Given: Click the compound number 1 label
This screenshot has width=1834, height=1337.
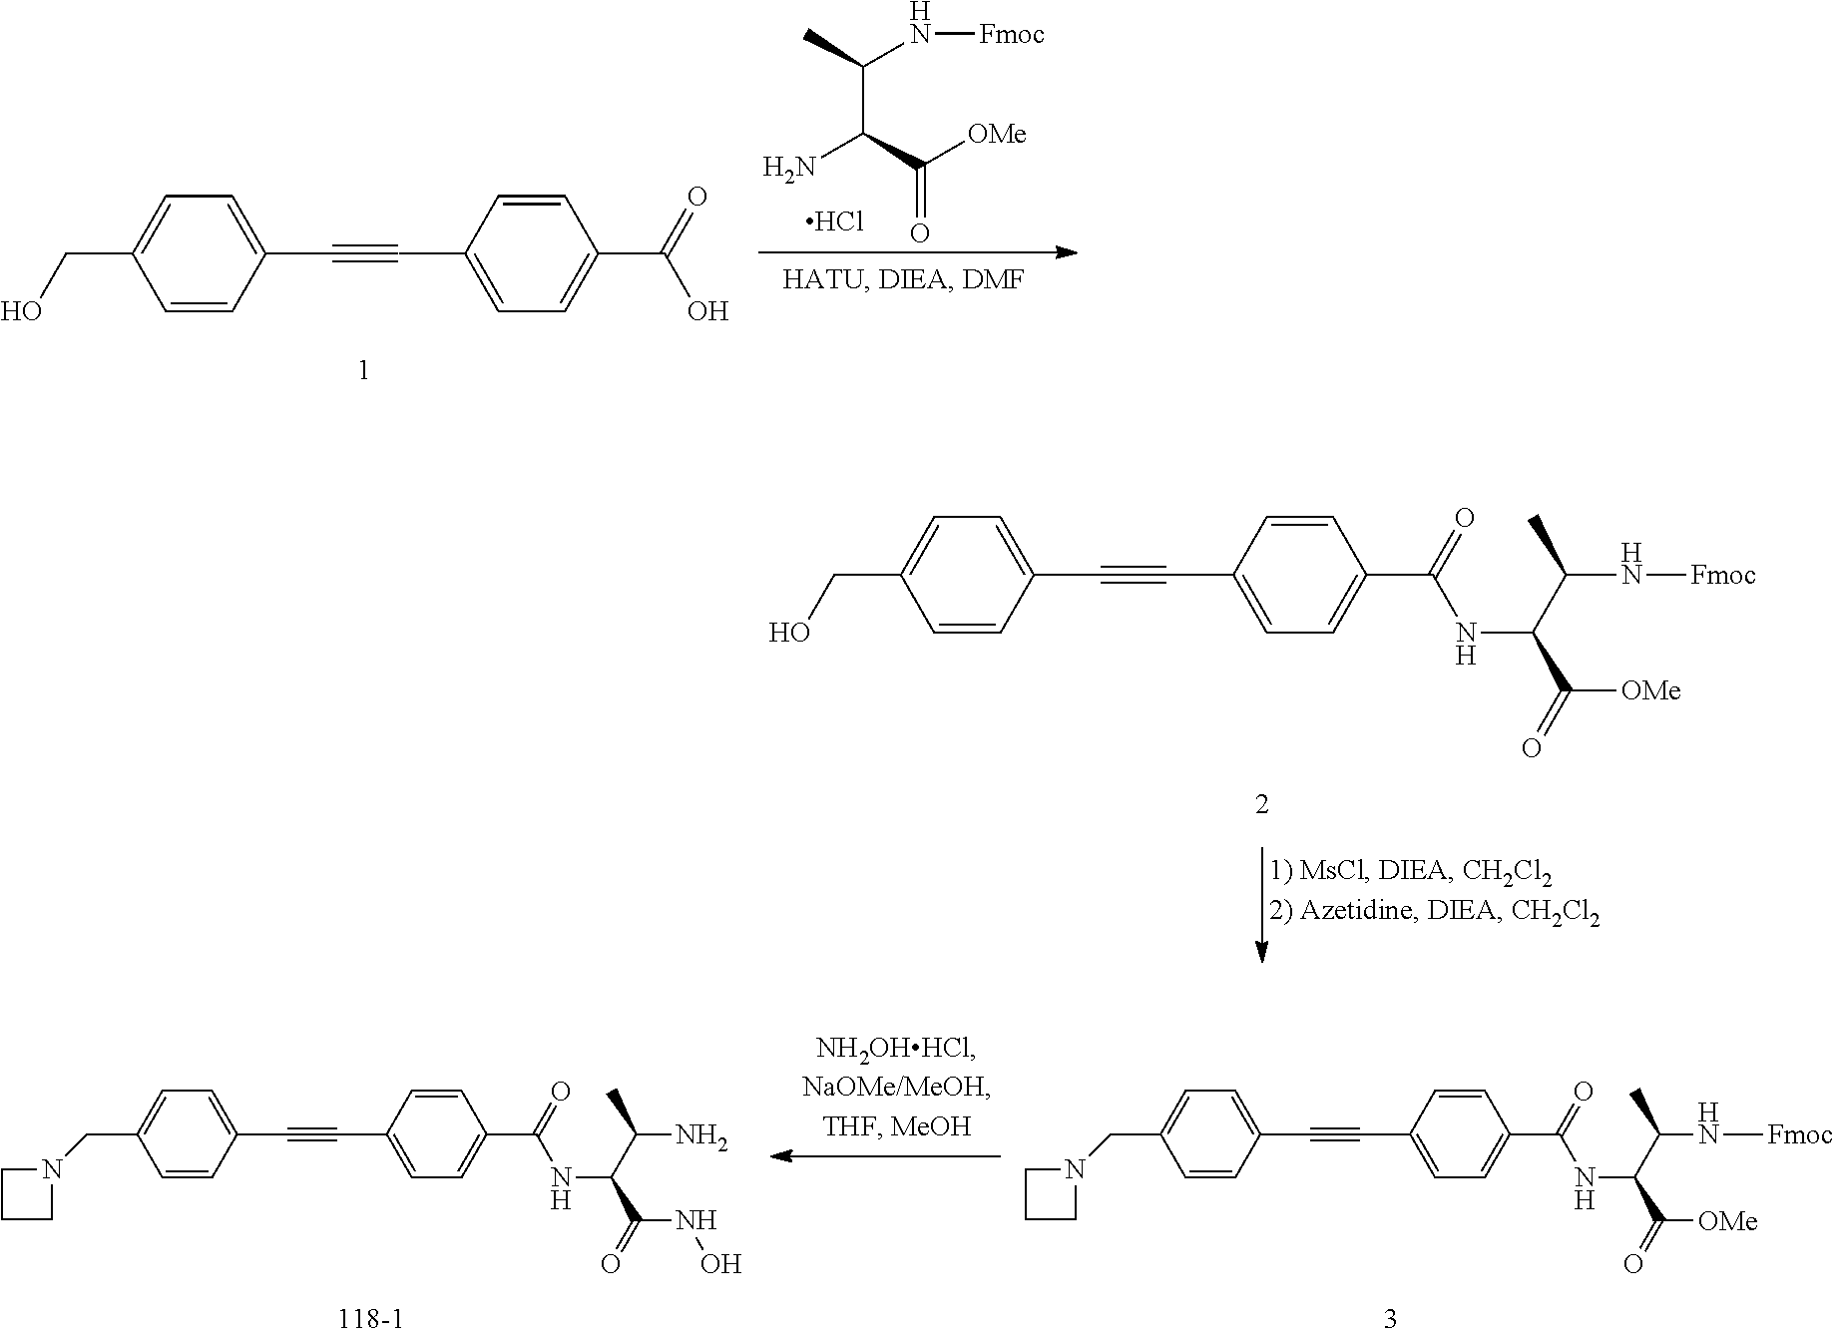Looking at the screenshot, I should tap(363, 371).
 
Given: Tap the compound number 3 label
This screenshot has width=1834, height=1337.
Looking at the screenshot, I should tap(1391, 1319).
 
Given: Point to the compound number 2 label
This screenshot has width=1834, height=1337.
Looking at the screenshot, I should tap(1261, 804).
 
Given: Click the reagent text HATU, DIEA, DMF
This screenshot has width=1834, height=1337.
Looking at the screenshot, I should tap(903, 280).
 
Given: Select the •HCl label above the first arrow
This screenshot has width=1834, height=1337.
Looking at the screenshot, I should tap(835, 222).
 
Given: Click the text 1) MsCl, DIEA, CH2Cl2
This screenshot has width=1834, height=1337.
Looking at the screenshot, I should tap(1410, 872).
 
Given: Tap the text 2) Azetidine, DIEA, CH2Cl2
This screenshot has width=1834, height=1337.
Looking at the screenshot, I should tap(1434, 912).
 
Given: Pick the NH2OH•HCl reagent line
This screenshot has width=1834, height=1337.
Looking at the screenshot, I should tap(896, 1049).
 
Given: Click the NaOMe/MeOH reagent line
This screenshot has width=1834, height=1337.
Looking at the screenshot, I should tap(896, 1087).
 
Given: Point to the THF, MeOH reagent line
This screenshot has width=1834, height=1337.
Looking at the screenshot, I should tap(896, 1125).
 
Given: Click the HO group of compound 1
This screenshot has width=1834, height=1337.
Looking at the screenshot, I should tap(22, 312).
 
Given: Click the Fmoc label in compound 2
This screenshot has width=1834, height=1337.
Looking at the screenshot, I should tap(1723, 576).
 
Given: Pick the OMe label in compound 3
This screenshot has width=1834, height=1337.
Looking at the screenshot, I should tap(1726, 1221).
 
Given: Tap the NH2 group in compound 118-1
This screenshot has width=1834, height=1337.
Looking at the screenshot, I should tap(701, 1135).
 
